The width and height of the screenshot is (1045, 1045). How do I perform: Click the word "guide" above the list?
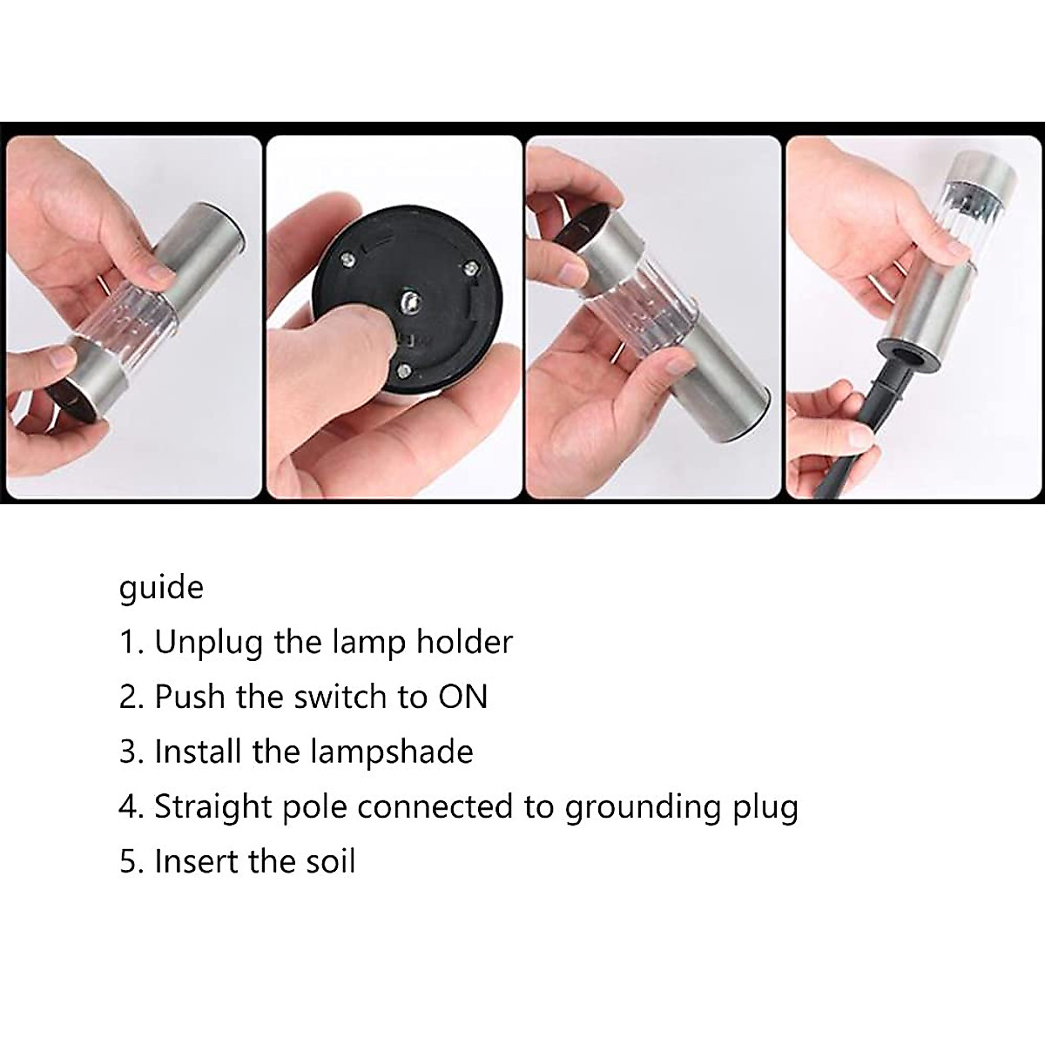click(161, 589)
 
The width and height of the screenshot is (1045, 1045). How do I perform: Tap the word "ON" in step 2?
click(462, 697)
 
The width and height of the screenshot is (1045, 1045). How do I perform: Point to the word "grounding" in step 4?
click(643, 808)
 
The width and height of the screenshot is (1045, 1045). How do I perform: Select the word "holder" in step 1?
click(464, 642)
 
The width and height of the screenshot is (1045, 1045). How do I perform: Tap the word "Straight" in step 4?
click(212, 808)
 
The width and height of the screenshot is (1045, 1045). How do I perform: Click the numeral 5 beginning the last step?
click(127, 861)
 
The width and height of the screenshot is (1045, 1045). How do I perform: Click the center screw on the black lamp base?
click(408, 301)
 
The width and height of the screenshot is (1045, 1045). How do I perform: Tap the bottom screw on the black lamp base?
click(403, 371)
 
